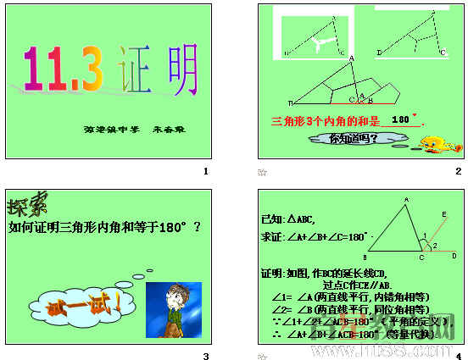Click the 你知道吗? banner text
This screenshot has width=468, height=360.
(352, 138)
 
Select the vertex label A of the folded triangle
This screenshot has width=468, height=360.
(351, 58)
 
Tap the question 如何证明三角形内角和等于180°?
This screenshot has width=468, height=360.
(104, 226)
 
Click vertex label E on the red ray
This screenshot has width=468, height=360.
(444, 214)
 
